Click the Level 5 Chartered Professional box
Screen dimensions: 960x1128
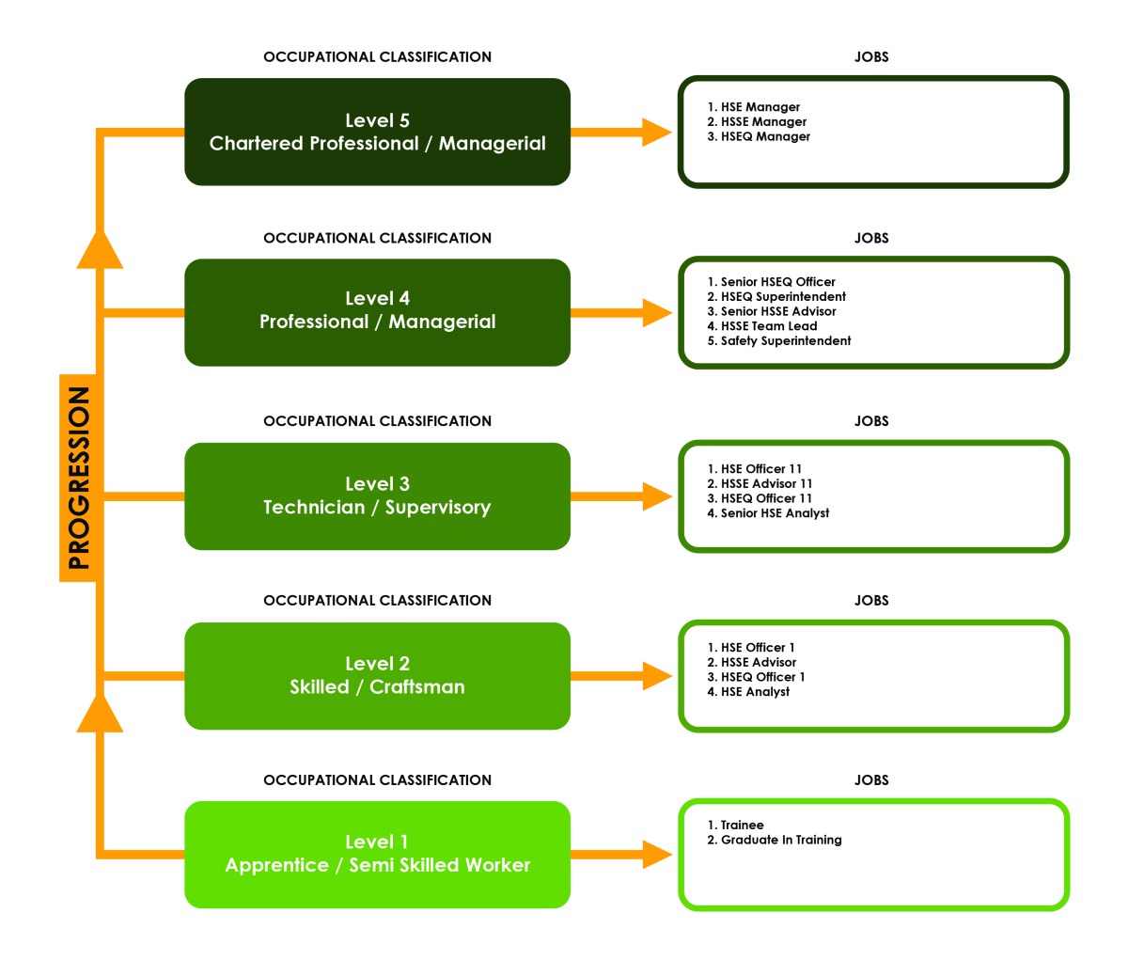tap(377, 132)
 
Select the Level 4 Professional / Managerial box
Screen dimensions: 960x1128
tap(377, 311)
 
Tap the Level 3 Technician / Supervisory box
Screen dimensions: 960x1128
tap(377, 496)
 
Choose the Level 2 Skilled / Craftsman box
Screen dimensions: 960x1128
tap(377, 675)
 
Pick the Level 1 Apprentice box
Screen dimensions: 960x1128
tap(377, 854)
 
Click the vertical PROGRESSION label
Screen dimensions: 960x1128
tap(79, 478)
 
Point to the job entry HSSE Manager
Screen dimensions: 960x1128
tap(757, 121)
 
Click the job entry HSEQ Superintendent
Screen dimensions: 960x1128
tap(776, 296)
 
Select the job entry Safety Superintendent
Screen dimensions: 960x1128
tap(779, 340)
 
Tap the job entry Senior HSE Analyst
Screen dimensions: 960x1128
tap(768, 513)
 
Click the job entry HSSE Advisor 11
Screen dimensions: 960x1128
tap(760, 483)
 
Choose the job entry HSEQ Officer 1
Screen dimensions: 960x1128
tap(756, 677)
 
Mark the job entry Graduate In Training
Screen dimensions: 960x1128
tap(775, 840)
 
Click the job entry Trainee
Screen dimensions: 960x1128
tap(736, 825)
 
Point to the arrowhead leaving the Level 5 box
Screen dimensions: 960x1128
tap(656, 133)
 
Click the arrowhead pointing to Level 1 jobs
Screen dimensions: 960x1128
tap(656, 855)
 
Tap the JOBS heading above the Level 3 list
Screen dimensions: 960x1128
tap(871, 421)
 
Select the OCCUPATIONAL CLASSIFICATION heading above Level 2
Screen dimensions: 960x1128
tap(377, 600)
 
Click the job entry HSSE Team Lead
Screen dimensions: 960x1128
tap(762, 326)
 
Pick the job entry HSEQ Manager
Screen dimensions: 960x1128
tap(759, 136)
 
